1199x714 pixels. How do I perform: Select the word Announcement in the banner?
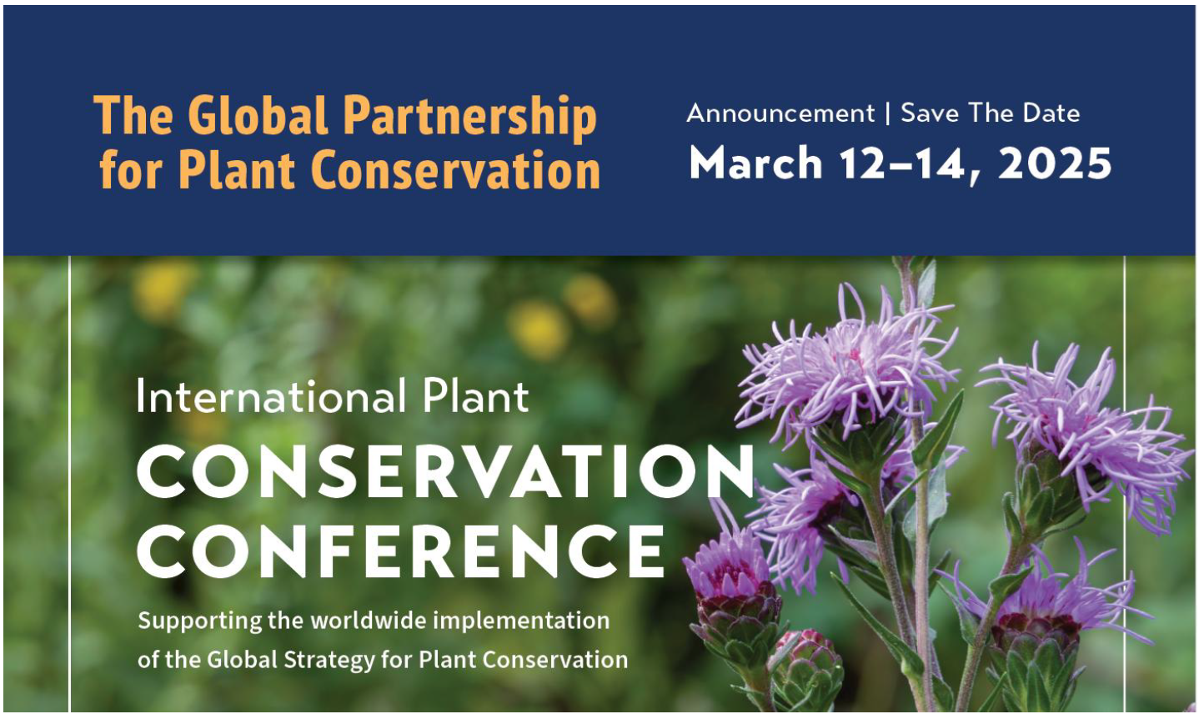point(780,113)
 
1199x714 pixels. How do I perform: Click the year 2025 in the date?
point(1055,163)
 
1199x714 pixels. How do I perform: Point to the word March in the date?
point(756,163)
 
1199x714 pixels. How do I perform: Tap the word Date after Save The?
point(1051,113)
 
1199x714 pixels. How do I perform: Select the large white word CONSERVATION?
point(446,472)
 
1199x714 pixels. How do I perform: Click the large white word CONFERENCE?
point(401,551)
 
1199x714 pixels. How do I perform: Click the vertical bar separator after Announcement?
point(888,113)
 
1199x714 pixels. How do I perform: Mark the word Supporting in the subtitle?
point(188,621)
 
